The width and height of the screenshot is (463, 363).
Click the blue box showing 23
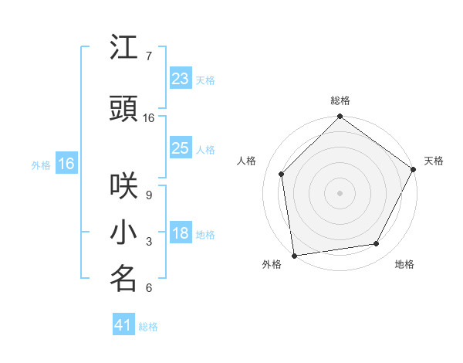[x=180, y=79]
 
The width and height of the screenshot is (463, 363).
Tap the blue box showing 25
[x=180, y=148]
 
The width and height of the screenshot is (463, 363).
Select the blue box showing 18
[x=180, y=234]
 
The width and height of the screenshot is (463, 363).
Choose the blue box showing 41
[x=123, y=325]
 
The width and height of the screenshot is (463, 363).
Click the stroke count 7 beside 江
[x=149, y=56]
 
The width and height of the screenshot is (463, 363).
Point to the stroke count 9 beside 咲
[x=149, y=195]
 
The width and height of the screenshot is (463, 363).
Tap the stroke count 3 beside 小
[x=149, y=243]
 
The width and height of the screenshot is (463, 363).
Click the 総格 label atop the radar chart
[x=340, y=101]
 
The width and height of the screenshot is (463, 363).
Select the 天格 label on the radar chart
[x=434, y=161]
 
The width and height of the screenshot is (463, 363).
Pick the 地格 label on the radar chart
[x=404, y=264]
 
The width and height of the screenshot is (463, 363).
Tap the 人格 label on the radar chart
[x=247, y=161]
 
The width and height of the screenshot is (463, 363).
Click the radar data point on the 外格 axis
[x=294, y=255]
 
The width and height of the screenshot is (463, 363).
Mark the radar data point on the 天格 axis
[x=414, y=169]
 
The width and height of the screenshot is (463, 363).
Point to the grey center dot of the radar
[x=340, y=193]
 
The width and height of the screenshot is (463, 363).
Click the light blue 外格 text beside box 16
[x=41, y=165]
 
